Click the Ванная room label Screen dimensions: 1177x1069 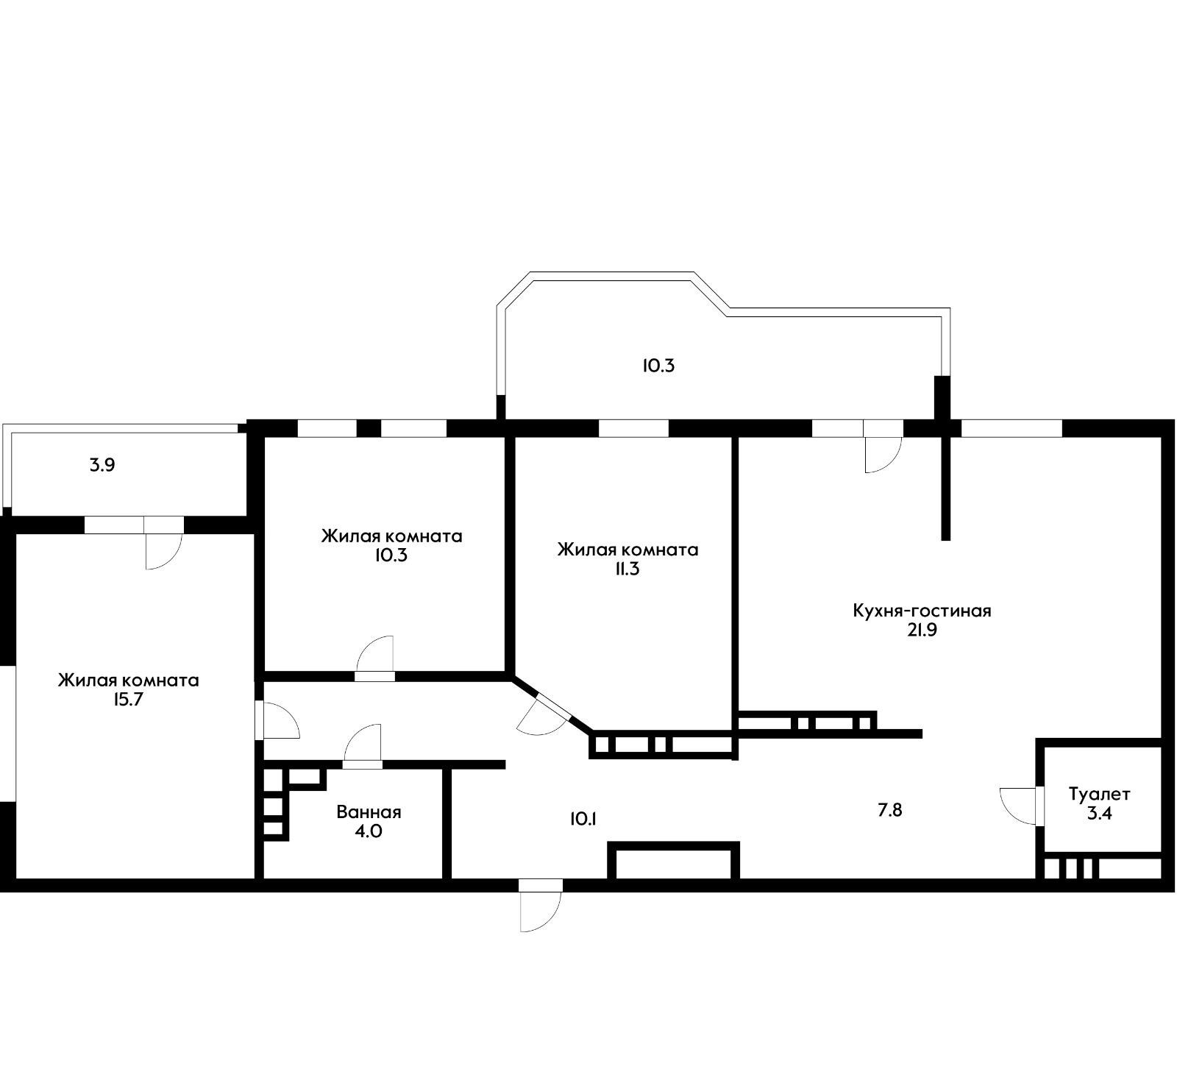pyautogui.click(x=369, y=812)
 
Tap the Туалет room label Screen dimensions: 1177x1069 pyautogui.click(x=1099, y=795)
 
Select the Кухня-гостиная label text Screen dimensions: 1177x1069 pyautogui.click(x=922, y=611)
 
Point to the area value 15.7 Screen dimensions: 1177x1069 pyautogui.click(x=127, y=700)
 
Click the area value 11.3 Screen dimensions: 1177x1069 pyautogui.click(x=627, y=569)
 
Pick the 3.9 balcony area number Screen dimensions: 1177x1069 pyautogui.click(x=102, y=466)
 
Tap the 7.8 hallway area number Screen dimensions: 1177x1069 pyautogui.click(x=889, y=811)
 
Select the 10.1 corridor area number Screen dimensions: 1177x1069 pyautogui.click(x=582, y=819)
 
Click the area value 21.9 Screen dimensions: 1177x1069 pyautogui.click(x=922, y=631)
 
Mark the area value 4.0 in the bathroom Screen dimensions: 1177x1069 pyautogui.click(x=369, y=832)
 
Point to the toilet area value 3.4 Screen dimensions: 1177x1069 pyautogui.click(x=1099, y=814)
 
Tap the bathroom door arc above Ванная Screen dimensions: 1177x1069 pyautogui.click(x=363, y=745)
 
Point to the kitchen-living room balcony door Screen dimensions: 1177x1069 pyautogui.click(x=883, y=452)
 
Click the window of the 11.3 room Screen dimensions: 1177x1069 pyautogui.click(x=633, y=427)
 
